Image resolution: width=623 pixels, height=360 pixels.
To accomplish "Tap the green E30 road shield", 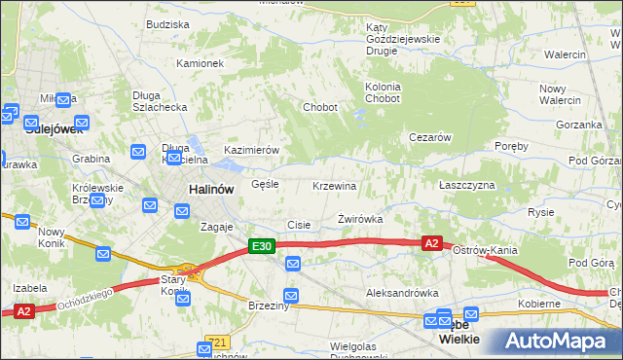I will coord(260,247).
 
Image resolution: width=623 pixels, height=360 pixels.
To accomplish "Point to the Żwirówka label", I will coord(360,220).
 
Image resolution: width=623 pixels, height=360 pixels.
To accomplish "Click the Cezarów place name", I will coord(430,137).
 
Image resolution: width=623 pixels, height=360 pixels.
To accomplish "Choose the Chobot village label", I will coord(320,107).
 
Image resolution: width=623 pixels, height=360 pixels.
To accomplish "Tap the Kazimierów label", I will coord(252,150).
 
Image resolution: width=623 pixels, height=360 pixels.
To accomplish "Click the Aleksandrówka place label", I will coord(397,293).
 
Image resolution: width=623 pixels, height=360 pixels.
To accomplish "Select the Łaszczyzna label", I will coord(467,185).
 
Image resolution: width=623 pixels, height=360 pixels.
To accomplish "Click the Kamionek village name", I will coord(201,63).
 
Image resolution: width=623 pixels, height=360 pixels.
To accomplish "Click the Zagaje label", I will coord(217,226).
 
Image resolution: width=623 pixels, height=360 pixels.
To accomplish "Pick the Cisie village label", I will coord(299,225).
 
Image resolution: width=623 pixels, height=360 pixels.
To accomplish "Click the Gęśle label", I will coord(265,183).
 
